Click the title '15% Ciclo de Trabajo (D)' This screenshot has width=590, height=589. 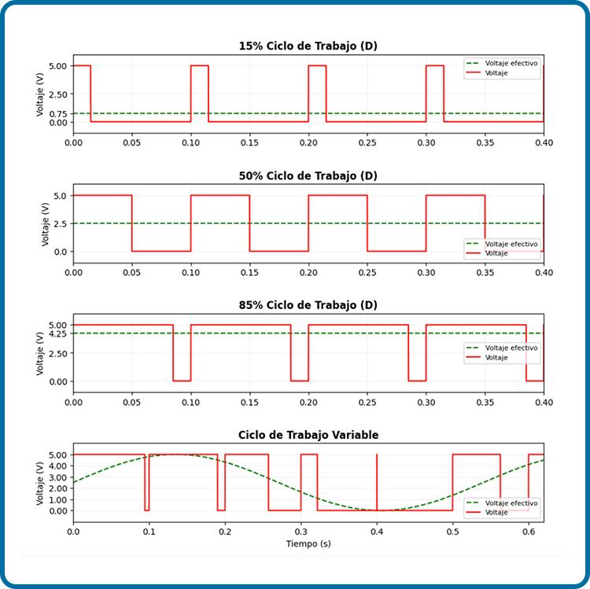coord(308,46)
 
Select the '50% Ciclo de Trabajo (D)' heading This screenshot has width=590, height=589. coord(308,175)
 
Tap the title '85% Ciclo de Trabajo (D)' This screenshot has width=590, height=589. coord(308,305)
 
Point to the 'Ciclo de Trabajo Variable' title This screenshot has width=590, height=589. coord(308,435)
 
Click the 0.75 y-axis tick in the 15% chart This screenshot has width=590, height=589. coord(58,113)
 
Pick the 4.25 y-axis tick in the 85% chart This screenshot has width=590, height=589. coord(58,333)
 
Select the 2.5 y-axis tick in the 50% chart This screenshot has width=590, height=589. coord(61,224)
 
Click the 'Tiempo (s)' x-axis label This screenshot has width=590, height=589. coord(308,543)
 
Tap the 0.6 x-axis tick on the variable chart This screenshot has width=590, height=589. coord(529,532)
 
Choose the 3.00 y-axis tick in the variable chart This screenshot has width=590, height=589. coord(58,477)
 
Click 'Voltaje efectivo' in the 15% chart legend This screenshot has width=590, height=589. coord(511,63)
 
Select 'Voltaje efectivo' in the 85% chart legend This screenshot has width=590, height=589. coord(511,348)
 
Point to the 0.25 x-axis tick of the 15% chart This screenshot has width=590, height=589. coord(367,142)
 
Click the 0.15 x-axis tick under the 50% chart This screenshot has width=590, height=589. coord(249,272)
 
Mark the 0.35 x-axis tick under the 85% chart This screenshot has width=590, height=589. coord(485,402)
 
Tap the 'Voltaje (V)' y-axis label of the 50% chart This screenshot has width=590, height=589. coord(46,224)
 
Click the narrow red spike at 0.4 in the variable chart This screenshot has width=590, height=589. coord(377,483)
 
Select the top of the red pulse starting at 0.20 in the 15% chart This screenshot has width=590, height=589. coord(317,66)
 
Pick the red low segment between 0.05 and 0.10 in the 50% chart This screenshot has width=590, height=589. coord(161,251)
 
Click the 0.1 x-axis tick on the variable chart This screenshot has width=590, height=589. coord(149,532)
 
